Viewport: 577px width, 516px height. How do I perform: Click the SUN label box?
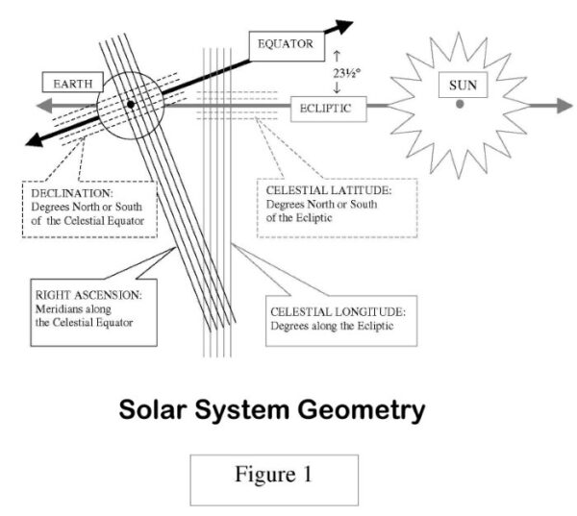(464, 86)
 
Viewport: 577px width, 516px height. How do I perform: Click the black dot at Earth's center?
(130, 104)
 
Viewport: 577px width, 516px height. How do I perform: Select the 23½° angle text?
(342, 73)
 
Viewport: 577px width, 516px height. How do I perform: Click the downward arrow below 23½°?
(337, 89)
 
